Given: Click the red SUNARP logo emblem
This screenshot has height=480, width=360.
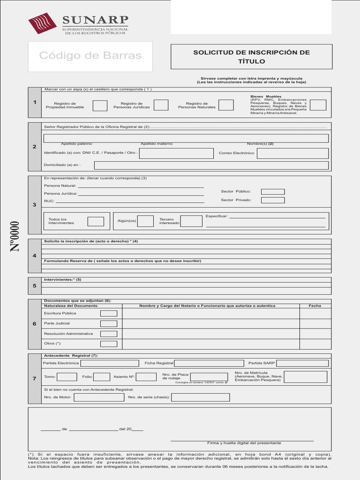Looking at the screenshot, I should [43, 23].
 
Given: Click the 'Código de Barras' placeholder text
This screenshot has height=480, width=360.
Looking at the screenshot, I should [90, 56].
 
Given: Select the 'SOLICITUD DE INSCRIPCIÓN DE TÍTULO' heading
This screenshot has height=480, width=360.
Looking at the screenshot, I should [251, 57].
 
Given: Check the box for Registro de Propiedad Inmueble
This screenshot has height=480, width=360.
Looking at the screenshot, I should [100, 105].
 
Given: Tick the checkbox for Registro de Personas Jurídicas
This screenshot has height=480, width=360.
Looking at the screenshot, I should [161, 105].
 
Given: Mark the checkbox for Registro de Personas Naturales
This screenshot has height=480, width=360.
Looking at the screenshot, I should [226, 105].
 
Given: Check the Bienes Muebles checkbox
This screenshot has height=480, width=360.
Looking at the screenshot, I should [318, 105].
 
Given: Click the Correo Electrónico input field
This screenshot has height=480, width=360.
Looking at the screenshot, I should [292, 153].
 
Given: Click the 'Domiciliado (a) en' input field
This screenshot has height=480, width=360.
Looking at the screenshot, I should [211, 165].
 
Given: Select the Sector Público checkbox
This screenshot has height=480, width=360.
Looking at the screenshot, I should [273, 192].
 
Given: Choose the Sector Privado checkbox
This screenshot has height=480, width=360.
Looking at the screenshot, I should [273, 201].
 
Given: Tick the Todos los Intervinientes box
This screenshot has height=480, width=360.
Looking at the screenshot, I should [96, 221].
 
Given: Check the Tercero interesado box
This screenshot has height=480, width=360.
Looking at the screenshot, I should [191, 221].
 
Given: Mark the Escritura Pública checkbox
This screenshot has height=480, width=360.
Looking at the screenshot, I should [109, 314].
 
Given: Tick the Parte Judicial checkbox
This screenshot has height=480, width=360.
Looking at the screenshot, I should [109, 324].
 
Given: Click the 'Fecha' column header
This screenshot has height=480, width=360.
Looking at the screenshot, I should [315, 306].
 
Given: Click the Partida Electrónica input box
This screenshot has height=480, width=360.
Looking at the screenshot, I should [110, 363].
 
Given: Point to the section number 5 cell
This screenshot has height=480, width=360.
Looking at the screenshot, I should [34, 285].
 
